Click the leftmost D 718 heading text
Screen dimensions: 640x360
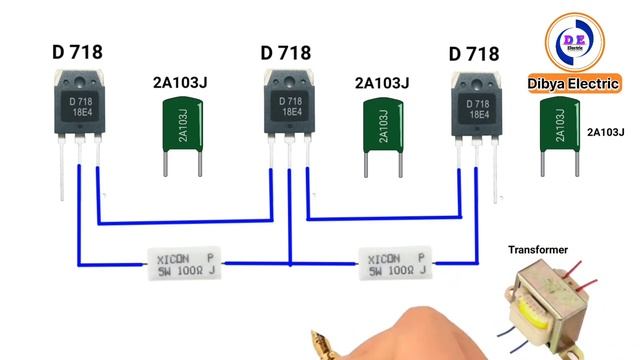pyautogui.click(x=77, y=51)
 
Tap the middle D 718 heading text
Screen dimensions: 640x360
pyautogui.click(x=286, y=51)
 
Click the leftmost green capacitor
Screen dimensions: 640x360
pyautogui.click(x=184, y=131)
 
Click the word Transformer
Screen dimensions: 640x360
pyautogui.click(x=538, y=249)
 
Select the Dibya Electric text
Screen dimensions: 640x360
pyautogui.click(x=578, y=86)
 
